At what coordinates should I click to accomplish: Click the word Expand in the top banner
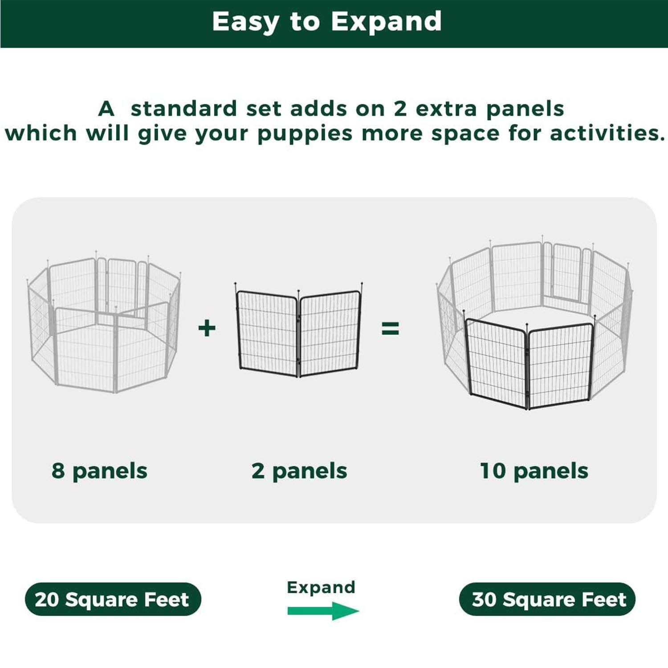pos(386,21)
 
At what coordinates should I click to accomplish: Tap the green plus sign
pos(207,328)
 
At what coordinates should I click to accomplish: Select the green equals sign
pos(390,329)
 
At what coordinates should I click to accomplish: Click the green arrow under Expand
pos(323,611)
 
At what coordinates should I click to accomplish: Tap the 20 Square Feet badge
pos(113,599)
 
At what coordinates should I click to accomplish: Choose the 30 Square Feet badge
pos(547,599)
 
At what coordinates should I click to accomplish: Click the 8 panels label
pos(99,471)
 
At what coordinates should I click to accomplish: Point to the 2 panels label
pos(299,471)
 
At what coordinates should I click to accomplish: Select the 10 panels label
pos(534,471)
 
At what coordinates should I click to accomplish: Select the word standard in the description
pos(183,109)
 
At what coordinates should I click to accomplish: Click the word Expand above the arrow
pos(321,587)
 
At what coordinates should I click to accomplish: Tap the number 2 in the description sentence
pos(400,109)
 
